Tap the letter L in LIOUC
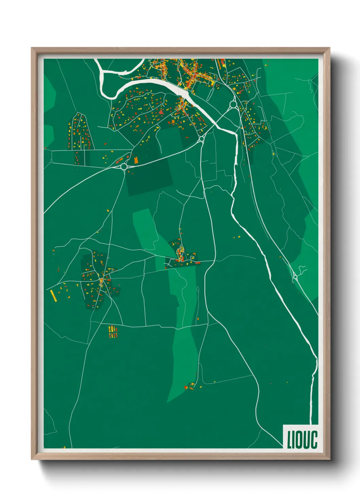coord(289,440)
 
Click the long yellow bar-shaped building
coord(53,295)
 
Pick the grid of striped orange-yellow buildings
coord(113,332)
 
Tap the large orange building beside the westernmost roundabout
coord(136,160)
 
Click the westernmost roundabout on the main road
coord(124,167)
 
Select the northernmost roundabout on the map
coord(233,104)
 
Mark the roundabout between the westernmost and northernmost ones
coord(201,139)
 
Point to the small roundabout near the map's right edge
coord(295,278)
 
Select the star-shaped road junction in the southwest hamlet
coord(101,281)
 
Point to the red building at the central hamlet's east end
coord(197,263)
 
